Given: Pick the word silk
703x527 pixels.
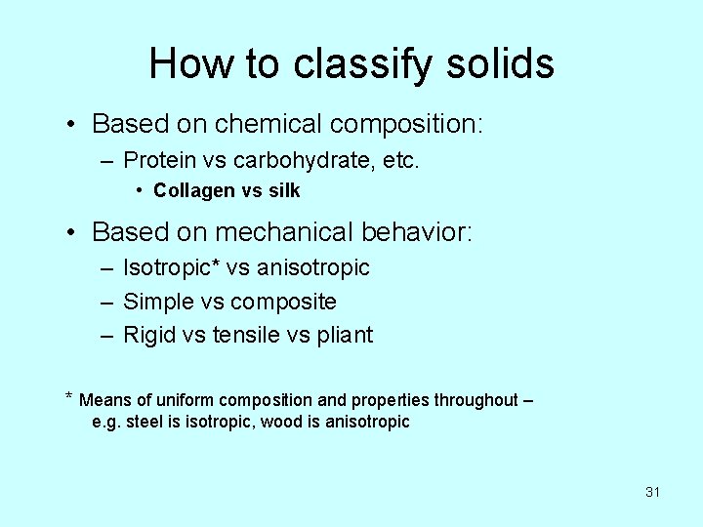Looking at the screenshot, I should coord(283,191).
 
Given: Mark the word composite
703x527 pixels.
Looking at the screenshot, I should coord(283,301).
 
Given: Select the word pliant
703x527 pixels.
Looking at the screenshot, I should coord(343,335).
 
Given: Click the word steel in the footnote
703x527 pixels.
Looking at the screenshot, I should coord(142,423).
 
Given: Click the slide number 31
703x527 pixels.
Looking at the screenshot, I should coord(652,492).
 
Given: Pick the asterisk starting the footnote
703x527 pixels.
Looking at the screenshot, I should coord(68,398).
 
